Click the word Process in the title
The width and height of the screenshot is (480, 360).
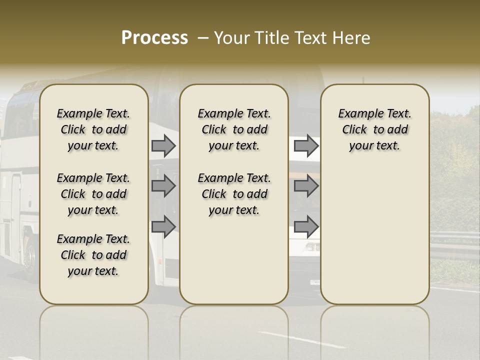tap(154, 38)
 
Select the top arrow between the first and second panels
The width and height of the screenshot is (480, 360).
tap(163, 145)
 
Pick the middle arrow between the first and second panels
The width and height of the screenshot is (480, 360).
tap(163, 186)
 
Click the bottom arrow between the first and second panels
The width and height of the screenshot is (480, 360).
tap(163, 226)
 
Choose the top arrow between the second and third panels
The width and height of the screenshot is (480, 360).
tap(305, 145)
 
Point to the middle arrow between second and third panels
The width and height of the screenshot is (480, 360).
tap(305, 186)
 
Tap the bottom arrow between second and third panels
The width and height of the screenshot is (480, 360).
tap(305, 226)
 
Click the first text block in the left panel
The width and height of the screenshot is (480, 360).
tap(93, 129)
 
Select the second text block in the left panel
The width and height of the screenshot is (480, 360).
tap(93, 194)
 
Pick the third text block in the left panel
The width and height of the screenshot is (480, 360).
tap(93, 255)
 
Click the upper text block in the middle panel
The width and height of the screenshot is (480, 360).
tap(234, 129)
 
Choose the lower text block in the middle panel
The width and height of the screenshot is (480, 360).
tap(234, 194)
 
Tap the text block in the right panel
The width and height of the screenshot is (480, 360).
tap(374, 129)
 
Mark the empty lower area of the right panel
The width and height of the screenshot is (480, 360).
tap(374, 235)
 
